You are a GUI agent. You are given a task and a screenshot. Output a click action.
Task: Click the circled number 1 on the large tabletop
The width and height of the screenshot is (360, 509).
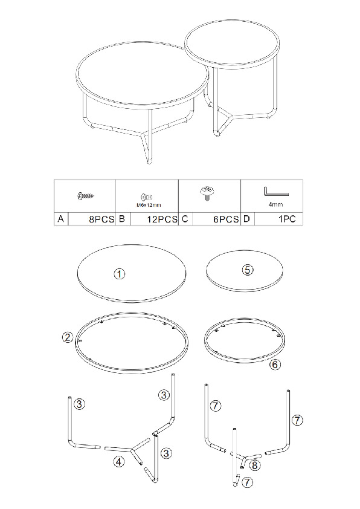[120, 274]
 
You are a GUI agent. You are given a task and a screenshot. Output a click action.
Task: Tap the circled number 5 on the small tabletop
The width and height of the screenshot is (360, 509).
[248, 270]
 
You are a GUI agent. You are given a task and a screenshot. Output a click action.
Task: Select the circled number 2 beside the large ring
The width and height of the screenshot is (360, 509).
[68, 337]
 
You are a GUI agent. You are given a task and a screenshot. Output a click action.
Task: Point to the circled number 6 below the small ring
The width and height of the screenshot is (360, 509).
[275, 365]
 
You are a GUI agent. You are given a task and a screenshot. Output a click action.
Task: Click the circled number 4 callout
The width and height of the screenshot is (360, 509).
[119, 461]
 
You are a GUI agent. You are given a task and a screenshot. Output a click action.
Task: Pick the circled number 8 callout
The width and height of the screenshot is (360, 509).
[254, 465]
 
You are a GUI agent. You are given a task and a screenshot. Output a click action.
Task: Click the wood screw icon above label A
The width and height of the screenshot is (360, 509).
[86, 195]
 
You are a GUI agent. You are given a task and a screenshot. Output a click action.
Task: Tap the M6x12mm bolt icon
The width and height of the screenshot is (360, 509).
[147, 196]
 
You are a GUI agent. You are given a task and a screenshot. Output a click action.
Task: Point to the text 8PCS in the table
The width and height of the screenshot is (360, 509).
[102, 219]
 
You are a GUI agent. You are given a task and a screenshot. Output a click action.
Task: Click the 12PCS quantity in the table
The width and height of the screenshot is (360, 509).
[162, 219]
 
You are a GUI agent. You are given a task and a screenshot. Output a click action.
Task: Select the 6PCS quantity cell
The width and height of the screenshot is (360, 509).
[226, 219]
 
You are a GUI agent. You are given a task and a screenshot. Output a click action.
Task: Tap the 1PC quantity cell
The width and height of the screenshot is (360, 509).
[287, 219]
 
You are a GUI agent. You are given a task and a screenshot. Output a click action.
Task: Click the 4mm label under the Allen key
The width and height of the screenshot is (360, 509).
[275, 204]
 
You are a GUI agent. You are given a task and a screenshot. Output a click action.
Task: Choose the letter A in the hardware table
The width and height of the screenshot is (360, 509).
[60, 219]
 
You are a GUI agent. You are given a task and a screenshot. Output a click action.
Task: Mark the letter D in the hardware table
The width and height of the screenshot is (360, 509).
[246, 219]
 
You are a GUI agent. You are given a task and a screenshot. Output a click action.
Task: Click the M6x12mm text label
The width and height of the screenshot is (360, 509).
[148, 205]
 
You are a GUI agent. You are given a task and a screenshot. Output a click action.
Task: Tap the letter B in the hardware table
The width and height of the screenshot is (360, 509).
[122, 219]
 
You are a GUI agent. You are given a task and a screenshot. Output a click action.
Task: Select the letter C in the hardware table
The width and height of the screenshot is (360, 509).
[185, 219]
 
